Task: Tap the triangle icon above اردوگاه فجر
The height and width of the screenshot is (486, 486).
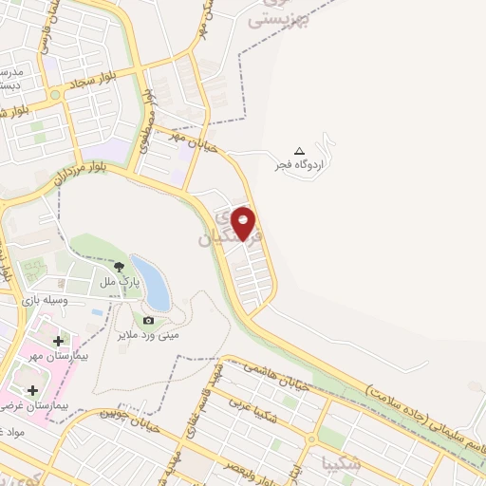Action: pos(300,151)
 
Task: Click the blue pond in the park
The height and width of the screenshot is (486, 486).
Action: pos(152,282)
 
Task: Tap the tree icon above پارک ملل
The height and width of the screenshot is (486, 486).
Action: pos(120,268)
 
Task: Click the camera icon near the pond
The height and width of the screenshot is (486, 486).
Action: pos(148,321)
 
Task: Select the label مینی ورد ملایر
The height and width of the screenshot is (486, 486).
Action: pos(148,335)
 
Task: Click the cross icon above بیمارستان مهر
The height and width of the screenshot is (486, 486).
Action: pos(59,340)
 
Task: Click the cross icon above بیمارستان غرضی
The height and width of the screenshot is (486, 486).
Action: pos(33,390)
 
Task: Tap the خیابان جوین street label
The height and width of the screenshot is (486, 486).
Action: pos(124,413)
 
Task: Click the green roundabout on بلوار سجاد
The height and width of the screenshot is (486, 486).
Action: pos(56,95)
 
